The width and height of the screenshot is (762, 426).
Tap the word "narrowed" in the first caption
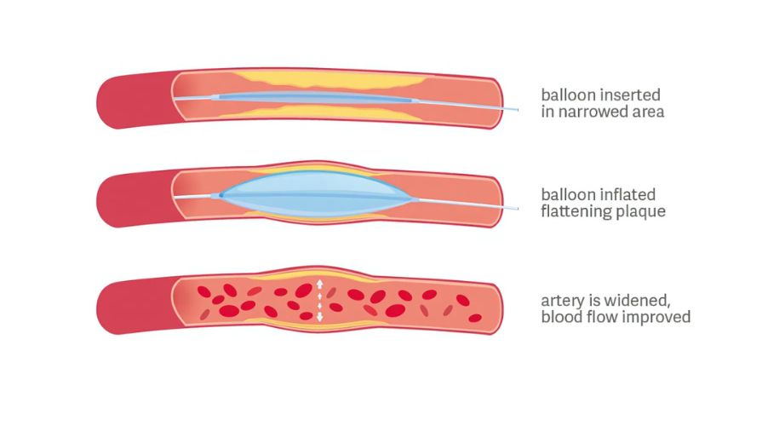point(593,112)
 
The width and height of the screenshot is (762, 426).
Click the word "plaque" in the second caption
point(640,211)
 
